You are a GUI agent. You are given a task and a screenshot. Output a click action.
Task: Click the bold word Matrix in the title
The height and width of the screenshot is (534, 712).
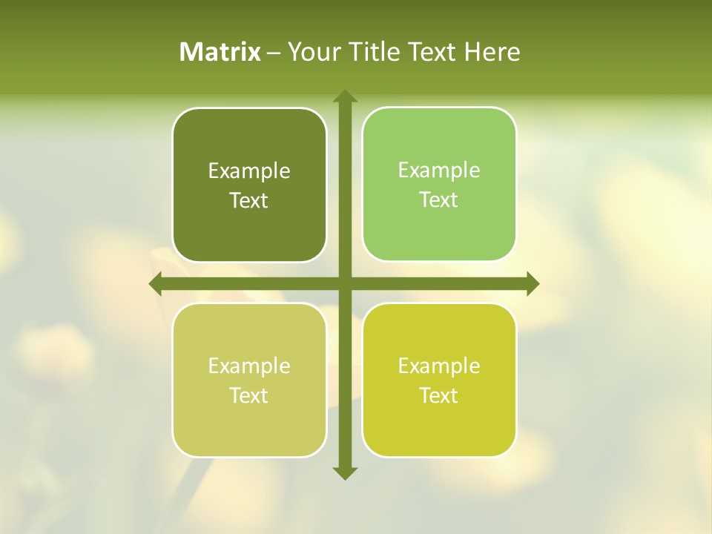coord(220,52)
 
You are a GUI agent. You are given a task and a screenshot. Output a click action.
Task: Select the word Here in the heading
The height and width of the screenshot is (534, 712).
coord(492,52)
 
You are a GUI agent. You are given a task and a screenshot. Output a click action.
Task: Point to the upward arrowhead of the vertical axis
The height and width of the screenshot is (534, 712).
coord(344,96)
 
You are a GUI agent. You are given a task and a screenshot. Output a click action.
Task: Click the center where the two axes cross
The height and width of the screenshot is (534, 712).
coord(344,283)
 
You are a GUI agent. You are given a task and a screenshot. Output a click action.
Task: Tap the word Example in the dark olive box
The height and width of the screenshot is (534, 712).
coord(249,171)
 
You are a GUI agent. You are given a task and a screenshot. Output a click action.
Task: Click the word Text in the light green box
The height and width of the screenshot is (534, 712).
coord(439,200)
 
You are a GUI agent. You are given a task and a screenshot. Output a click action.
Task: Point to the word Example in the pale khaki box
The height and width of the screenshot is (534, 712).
coord(249,366)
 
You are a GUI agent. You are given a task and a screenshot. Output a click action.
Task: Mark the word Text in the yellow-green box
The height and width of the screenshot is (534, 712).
coord(439,396)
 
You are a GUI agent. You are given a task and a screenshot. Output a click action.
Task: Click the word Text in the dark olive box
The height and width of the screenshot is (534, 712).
coord(249,201)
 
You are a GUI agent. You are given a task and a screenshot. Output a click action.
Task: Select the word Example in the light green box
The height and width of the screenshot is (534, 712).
coord(439,171)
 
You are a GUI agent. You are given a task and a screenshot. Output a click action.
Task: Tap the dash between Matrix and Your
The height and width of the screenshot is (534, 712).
coord(274,53)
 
